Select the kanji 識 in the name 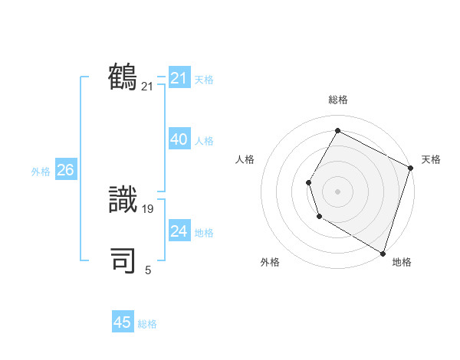[123, 201]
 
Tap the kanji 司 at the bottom [123, 260]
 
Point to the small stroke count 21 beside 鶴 [147, 87]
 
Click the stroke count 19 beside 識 [149, 208]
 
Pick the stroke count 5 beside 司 [148, 270]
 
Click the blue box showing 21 [179, 78]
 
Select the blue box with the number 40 [179, 139]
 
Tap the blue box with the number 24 [179, 231]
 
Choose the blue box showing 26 [65, 170]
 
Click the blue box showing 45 [123, 322]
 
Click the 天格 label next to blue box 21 [204, 79]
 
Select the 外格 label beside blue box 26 [41, 172]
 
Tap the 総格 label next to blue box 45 [147, 324]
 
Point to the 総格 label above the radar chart [337, 100]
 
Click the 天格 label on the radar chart [431, 159]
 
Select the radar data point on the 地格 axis [382, 252]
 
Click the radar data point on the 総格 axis [337, 130]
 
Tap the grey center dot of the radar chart [337, 191]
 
